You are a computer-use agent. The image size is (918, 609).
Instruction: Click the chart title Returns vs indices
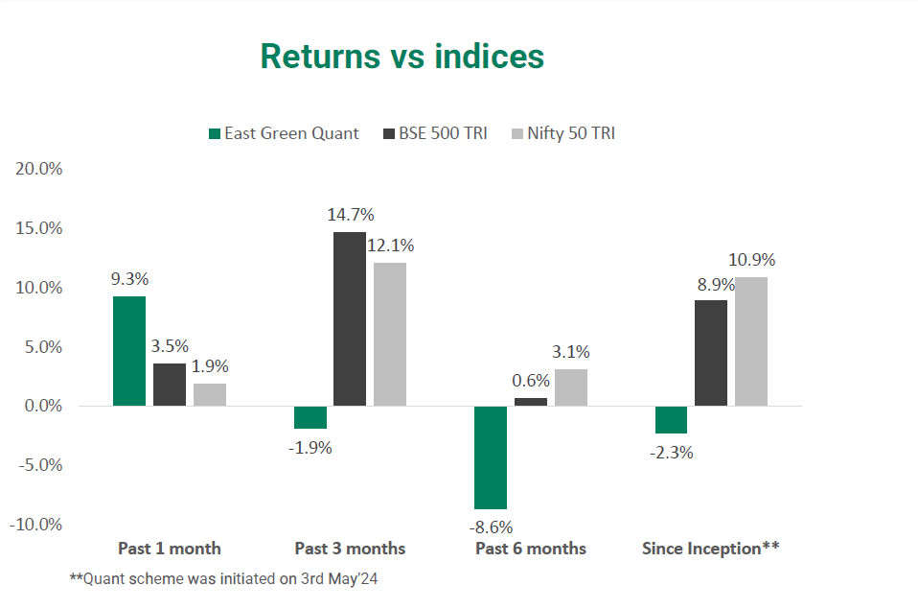pos(402,57)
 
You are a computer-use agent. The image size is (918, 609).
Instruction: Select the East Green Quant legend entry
pos(284,133)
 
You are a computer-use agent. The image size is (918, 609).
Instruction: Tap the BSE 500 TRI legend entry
pos(436,133)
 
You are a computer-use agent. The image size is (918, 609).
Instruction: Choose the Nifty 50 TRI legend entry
pos(563,133)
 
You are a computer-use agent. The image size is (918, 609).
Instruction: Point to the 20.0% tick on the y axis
pos(38,169)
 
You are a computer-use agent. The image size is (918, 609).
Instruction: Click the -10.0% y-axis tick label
pos(35,524)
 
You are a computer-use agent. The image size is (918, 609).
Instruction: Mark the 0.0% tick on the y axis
pos(43,406)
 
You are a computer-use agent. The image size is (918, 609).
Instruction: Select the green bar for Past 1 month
pos(129,351)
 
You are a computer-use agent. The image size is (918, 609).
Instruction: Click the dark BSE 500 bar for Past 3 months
pos(350,318)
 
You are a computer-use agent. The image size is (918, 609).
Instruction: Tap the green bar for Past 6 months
pos(491,457)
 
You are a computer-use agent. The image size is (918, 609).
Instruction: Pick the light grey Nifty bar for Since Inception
pos(751,341)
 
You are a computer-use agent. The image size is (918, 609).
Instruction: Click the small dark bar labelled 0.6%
pos(531,402)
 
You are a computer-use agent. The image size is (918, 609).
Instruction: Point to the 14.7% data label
pos(351,215)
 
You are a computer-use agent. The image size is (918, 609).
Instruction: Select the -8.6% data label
pos(491,527)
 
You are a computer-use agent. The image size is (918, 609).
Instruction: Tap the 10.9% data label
pos(751,260)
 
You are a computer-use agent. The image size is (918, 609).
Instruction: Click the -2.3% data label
pos(672,453)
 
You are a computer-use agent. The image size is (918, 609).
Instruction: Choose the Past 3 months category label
pos(350,549)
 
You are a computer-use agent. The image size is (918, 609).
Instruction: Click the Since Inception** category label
pos(711,548)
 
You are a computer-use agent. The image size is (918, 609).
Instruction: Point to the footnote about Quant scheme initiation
pos(223,579)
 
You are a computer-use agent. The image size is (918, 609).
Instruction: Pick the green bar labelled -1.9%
pos(310,417)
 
